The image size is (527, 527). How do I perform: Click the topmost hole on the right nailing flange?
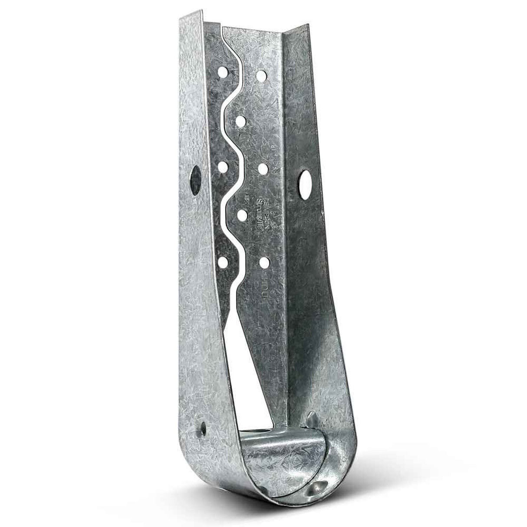click(x=261, y=75)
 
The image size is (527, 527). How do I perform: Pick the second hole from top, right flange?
click(x=241, y=120)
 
